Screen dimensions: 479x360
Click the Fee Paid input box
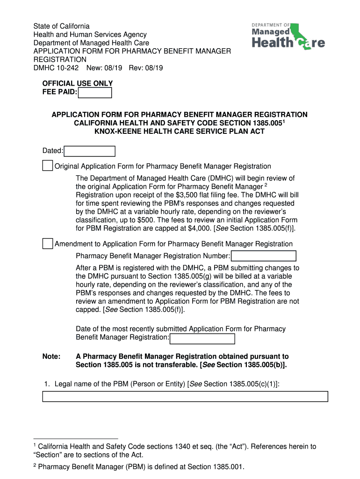(95, 93)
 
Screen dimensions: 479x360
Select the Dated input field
(89, 151)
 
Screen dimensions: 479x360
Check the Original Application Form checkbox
(47, 166)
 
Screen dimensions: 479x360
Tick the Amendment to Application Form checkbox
(47, 244)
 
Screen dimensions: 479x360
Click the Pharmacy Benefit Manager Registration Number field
(264, 256)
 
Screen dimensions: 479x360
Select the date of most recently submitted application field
(202, 339)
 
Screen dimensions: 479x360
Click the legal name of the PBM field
(185, 397)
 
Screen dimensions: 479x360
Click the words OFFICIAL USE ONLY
(78, 84)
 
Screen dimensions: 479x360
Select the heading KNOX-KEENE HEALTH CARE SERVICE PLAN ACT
(180, 131)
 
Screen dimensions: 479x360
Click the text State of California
(61, 26)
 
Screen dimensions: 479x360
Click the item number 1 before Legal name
(46, 384)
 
